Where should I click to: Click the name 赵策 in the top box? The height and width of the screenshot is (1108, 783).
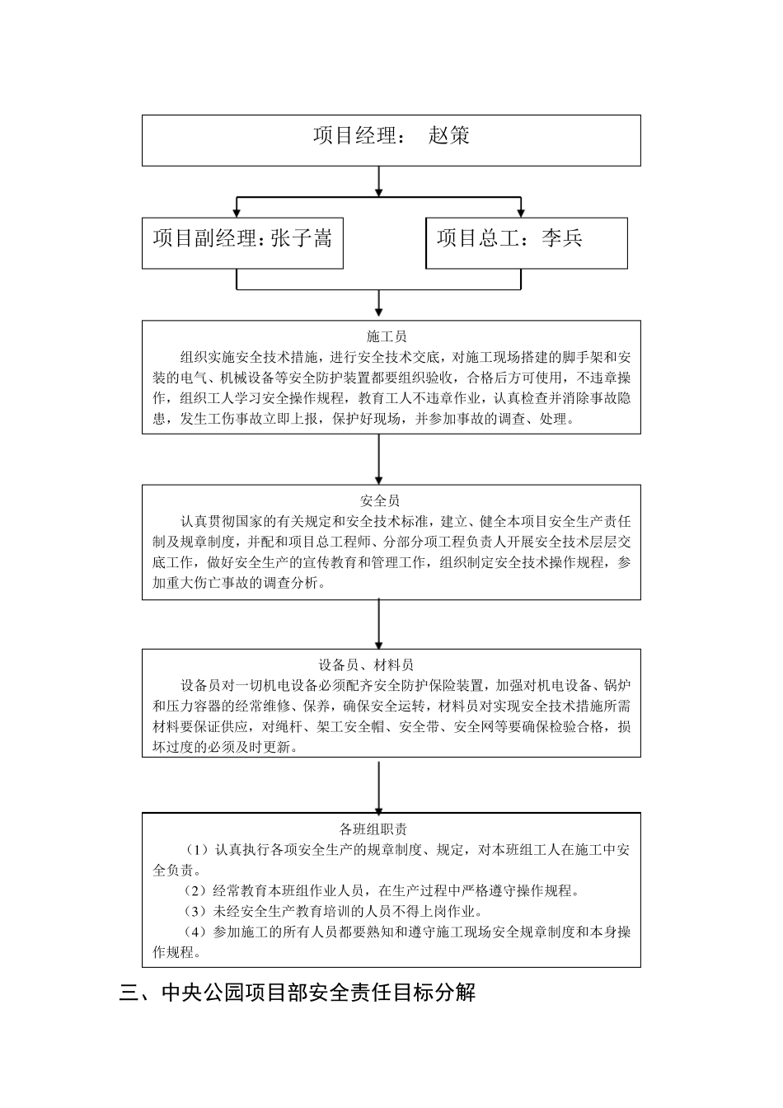[x=449, y=136]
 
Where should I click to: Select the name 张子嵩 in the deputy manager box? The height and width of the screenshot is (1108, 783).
[x=301, y=239]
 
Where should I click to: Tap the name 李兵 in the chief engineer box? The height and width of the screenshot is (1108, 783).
[x=562, y=239]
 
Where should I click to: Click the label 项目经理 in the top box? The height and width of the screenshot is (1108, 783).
[x=355, y=136]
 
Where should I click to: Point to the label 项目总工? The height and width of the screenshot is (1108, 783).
[x=478, y=239]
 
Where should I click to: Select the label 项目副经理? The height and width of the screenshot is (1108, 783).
[x=204, y=239]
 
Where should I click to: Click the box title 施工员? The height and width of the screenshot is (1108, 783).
[x=387, y=336]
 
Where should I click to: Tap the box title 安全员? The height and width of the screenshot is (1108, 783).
[x=380, y=500]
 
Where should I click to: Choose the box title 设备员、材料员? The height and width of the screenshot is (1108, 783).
[x=366, y=664]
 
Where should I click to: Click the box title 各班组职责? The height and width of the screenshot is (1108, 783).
[x=373, y=829]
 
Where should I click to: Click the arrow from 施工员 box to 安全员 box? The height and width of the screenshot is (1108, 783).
[x=378, y=459]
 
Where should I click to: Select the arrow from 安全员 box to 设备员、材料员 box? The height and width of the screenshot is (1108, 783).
[x=378, y=623]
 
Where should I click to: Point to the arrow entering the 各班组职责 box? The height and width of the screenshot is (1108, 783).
[x=378, y=786]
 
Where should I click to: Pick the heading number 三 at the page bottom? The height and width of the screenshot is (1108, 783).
[x=129, y=993]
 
